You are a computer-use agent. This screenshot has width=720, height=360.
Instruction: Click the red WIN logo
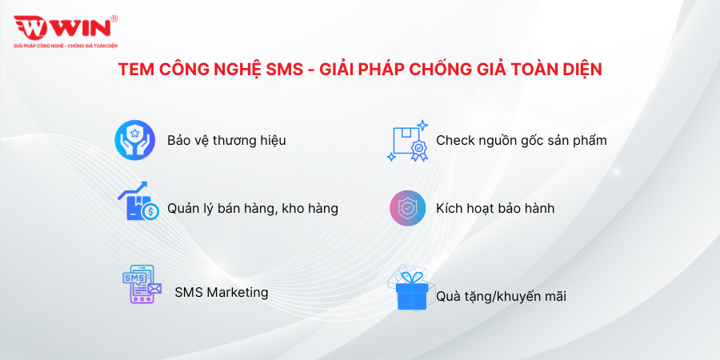[62, 27]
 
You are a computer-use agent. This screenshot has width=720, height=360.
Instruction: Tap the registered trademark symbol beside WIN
[114, 18]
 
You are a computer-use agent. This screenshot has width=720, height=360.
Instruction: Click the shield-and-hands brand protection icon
[134, 140]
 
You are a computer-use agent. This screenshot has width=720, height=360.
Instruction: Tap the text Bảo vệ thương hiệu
[226, 140]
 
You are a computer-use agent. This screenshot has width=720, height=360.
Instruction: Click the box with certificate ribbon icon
[408, 141]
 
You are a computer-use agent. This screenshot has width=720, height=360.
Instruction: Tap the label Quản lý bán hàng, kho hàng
[253, 209]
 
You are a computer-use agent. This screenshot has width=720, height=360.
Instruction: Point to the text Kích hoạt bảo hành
[495, 209]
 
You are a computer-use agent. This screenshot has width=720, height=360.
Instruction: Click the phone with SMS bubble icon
[142, 284]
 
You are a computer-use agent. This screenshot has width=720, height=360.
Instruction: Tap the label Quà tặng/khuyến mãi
[501, 297]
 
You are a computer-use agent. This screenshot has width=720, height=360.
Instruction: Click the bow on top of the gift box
[411, 278]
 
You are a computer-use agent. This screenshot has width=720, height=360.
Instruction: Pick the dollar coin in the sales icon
[150, 211]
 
